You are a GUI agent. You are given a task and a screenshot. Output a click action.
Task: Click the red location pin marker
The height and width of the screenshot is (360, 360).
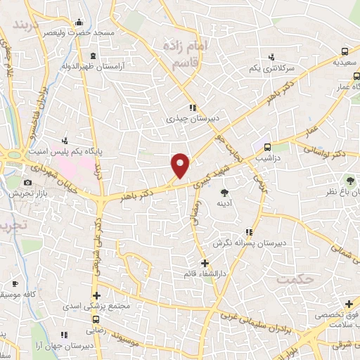click(x=181, y=165)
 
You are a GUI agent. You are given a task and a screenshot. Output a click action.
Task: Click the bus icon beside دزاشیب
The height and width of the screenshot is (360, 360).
click(x=267, y=147)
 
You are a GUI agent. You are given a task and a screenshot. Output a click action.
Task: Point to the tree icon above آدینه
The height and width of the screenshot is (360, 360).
click(x=225, y=192)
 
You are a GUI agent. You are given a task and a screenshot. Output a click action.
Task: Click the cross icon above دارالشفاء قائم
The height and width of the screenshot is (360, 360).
click(x=204, y=264)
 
